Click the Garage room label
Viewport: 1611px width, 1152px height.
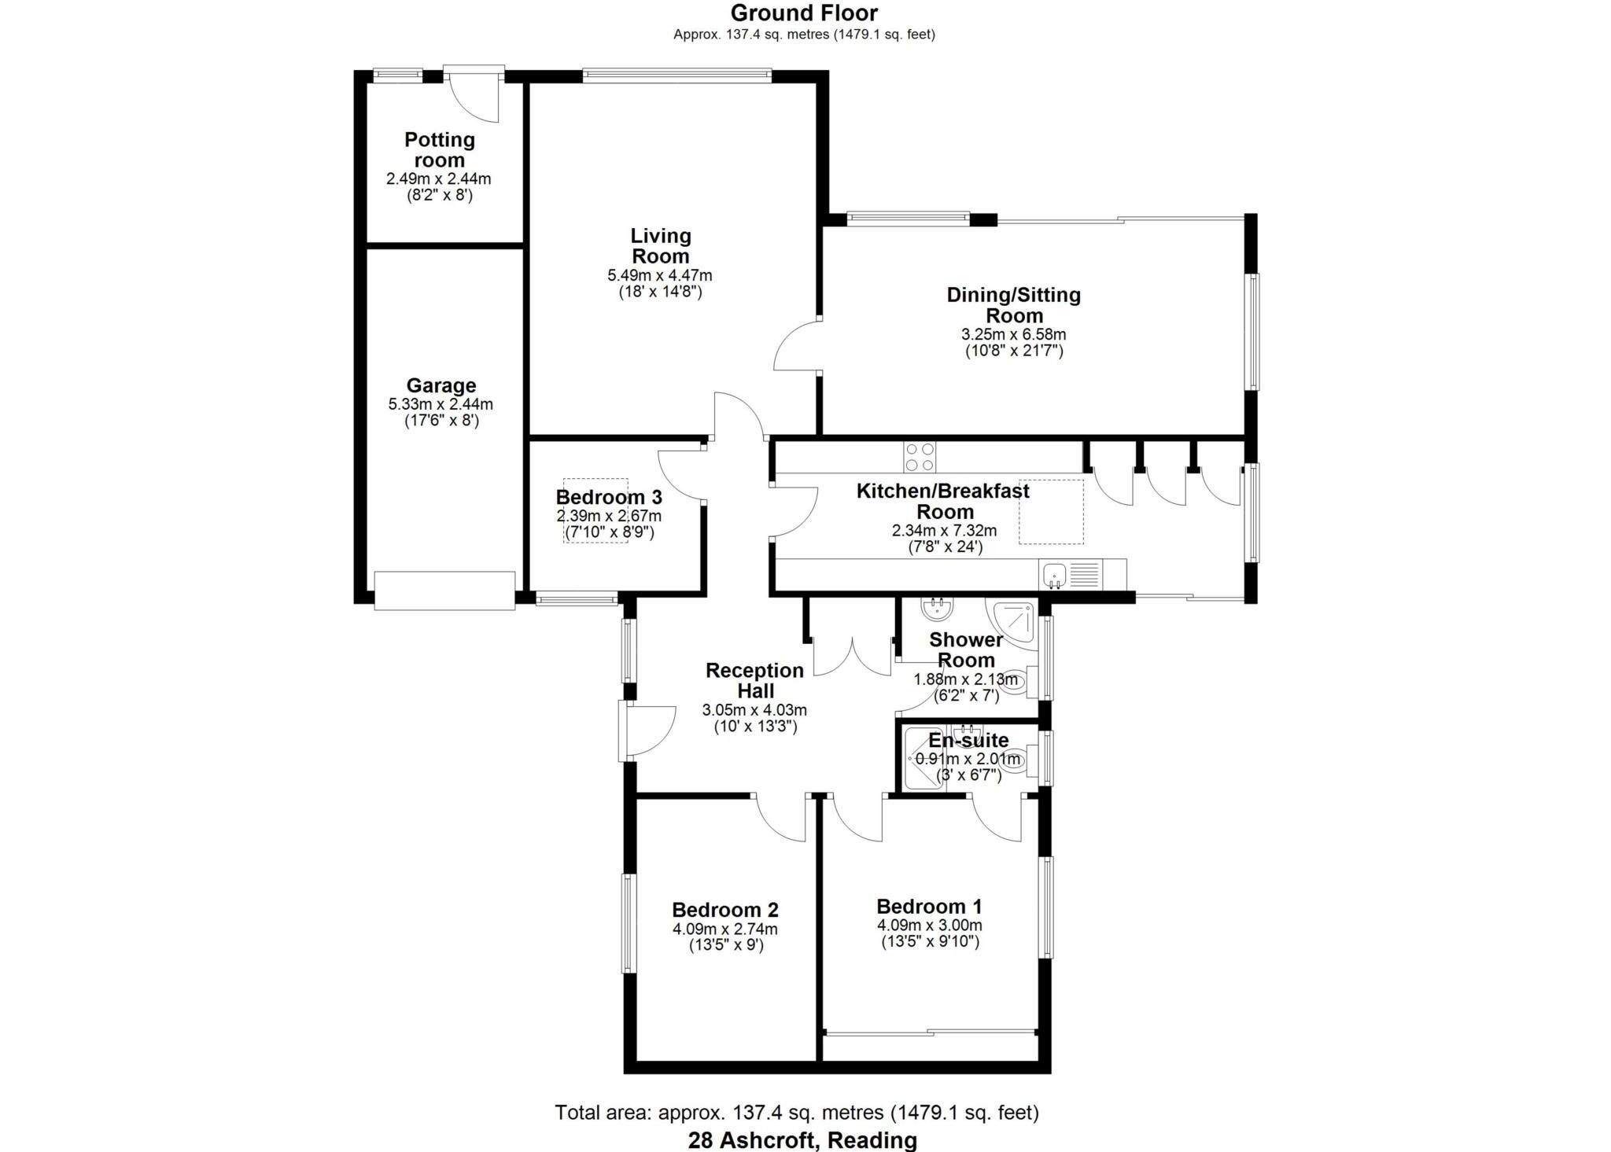coord(441,385)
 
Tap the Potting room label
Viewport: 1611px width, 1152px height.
coord(440,149)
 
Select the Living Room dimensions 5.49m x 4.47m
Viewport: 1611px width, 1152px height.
coord(659,275)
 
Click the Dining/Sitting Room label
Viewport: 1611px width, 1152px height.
coord(1013,305)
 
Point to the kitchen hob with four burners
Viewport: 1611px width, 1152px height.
coord(920,457)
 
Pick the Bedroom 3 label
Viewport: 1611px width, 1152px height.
coord(608,497)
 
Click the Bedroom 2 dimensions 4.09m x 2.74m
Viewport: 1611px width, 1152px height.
coord(724,929)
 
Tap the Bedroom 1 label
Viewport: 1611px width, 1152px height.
coord(929,907)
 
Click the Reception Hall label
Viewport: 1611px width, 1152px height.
coord(754,680)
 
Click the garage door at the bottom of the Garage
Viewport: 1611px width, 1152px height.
coord(444,591)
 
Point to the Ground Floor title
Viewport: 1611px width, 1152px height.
coord(804,13)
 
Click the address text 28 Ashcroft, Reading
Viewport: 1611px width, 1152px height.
coord(802,1139)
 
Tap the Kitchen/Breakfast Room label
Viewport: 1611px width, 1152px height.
coord(942,501)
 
